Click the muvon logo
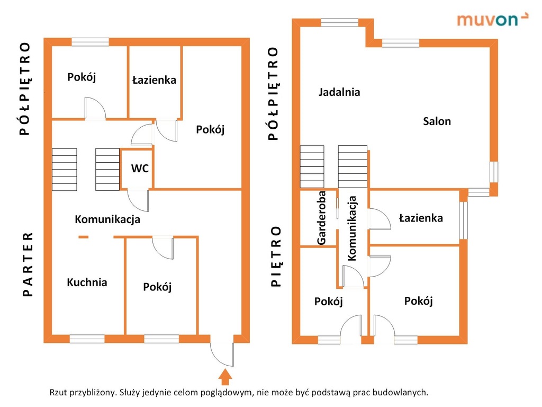click(x=492, y=20)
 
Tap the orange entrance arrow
click(x=225, y=377)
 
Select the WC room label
click(x=140, y=169)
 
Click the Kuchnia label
click(x=87, y=282)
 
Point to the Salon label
click(x=437, y=121)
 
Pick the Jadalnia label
click(x=339, y=92)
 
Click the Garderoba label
click(x=321, y=218)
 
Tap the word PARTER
click(x=28, y=264)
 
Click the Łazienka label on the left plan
click(x=154, y=80)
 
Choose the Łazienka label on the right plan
click(x=421, y=218)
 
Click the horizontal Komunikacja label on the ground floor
click(x=107, y=219)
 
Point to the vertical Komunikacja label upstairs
click(x=351, y=228)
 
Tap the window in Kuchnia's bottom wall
click(x=87, y=339)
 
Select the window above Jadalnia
click(x=339, y=23)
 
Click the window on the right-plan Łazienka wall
click(x=463, y=220)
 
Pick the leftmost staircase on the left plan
click(x=65, y=170)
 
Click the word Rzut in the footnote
click(x=58, y=393)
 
